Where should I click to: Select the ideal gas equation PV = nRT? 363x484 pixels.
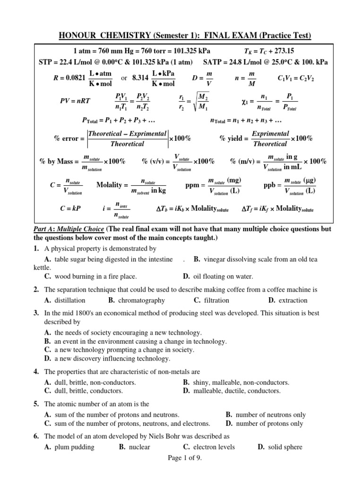[75, 101]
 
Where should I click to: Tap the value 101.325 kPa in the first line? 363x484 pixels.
[187, 51]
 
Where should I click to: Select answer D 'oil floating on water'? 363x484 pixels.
[217, 277]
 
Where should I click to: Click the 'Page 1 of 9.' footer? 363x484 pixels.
[181, 458]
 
